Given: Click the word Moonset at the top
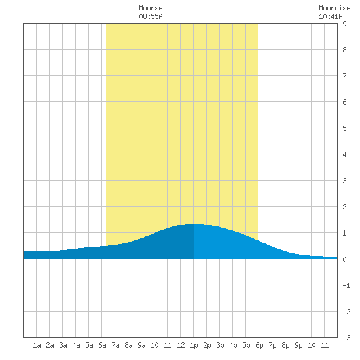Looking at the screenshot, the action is (153, 9).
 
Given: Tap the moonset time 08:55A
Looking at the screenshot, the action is (151, 16).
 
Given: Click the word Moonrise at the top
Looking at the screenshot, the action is (334, 9).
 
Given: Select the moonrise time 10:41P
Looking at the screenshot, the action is (331, 16).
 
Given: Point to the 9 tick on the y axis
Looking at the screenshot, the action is (344, 24).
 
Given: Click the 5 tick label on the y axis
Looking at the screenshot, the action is (344, 128).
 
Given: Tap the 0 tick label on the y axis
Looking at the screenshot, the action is (344, 259).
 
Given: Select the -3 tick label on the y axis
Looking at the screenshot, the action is (346, 338).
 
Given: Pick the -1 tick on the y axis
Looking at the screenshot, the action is (346, 285).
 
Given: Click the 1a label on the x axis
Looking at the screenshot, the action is (37, 345).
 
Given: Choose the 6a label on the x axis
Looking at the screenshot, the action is (102, 345).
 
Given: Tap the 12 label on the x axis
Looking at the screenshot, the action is (181, 345).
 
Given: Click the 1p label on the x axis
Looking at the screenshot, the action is (194, 345).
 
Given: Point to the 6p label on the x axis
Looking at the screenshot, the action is (259, 345).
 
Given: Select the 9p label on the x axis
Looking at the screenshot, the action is (298, 345).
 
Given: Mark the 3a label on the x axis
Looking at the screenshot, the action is (63, 345).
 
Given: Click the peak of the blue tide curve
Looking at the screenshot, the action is (194, 224).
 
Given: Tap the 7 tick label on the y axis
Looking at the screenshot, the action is (344, 76).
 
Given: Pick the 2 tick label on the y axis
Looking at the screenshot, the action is (344, 207).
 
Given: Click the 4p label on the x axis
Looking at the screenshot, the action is (233, 345).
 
